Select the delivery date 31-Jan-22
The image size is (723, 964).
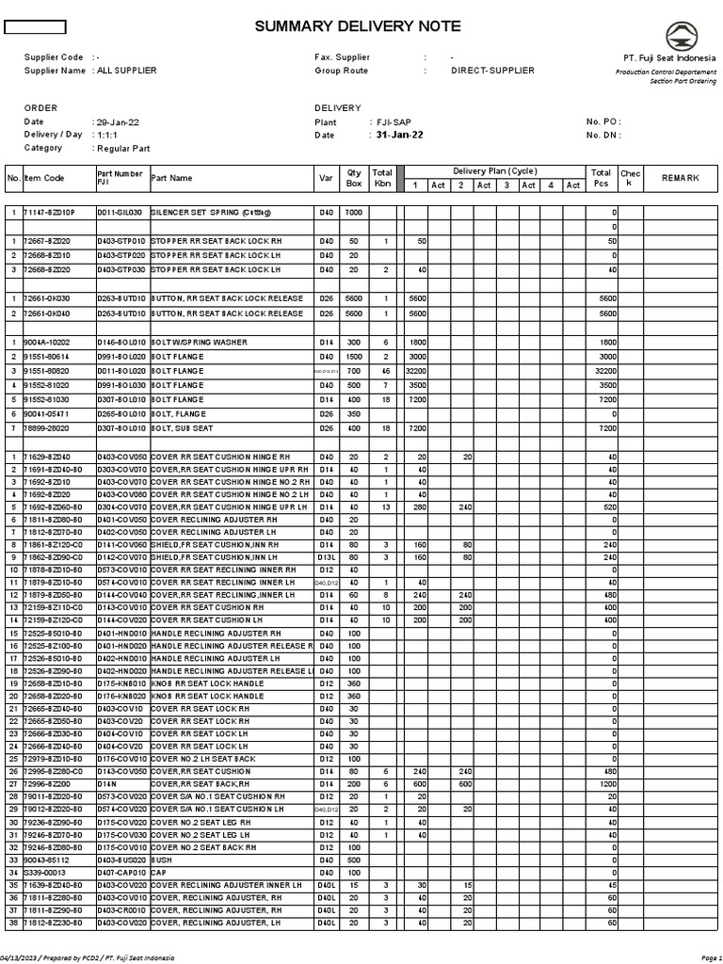(399, 135)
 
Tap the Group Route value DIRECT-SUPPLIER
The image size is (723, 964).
(492, 71)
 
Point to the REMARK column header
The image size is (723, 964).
(681, 178)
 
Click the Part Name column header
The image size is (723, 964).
(171, 178)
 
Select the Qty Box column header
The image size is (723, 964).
(354, 178)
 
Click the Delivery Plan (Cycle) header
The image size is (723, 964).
(494, 171)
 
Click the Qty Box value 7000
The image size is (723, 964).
(354, 213)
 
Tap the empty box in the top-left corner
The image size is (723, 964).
(36, 26)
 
